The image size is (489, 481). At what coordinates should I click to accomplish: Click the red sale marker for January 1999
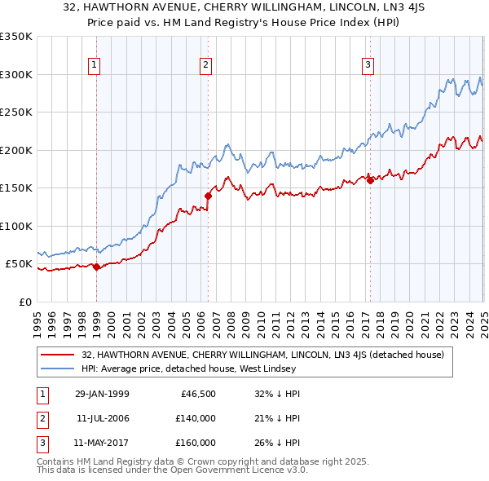point(97,267)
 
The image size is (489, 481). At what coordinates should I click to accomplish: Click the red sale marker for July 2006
point(208,196)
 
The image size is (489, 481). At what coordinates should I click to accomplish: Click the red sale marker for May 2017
point(370,180)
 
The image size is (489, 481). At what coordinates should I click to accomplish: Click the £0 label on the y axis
point(24,302)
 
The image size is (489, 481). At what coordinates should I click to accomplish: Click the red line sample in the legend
point(59,355)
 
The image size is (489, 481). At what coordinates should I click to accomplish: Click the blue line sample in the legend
point(59,368)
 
